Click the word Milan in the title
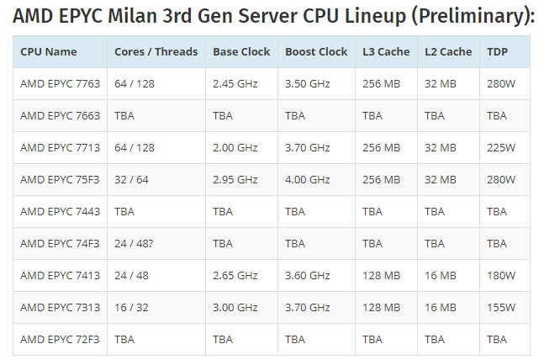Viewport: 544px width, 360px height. tap(133, 16)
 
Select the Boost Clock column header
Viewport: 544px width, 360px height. tap(316, 51)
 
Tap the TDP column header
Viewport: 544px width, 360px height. tap(497, 51)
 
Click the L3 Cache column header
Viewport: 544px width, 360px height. tap(386, 51)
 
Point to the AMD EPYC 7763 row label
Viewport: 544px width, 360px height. tap(60, 83)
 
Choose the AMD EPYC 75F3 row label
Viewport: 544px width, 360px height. tap(60, 179)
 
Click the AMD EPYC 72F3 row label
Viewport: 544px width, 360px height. tap(60, 339)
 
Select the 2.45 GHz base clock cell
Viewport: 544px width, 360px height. tap(235, 83)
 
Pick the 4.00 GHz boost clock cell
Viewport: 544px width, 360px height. tap(308, 179)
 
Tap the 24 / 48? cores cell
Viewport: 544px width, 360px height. tap(134, 243)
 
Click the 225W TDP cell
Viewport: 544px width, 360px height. tap(501, 147)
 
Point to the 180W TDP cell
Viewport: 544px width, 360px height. tap(501, 275)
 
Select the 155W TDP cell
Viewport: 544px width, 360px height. tap(501, 307)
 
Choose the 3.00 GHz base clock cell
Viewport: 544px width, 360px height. tap(235, 307)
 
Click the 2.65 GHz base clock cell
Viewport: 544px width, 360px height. tap(235, 275)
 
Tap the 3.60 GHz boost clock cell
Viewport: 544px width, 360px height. tap(308, 275)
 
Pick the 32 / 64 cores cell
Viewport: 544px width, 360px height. tap(131, 179)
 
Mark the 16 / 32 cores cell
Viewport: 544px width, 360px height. tap(131, 307)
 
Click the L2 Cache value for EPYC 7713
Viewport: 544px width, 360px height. tap(441, 147)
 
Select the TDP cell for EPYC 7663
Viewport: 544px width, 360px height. tap(497, 115)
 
